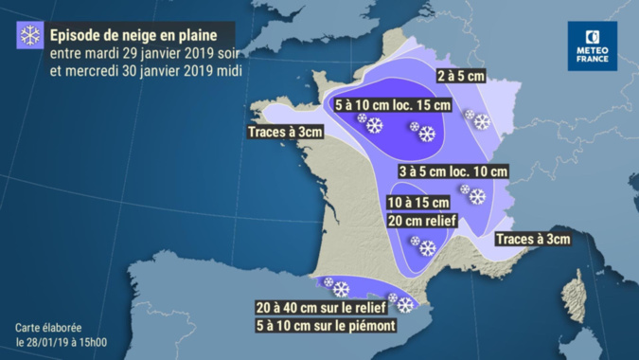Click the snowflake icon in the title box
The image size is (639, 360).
point(30,36)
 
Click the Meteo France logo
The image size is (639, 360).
point(592,45)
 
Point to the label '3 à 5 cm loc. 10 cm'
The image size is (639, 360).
point(453,171)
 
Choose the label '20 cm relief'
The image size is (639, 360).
point(422,221)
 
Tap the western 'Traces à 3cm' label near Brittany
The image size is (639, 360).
point(285,133)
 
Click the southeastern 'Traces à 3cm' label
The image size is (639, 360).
point(533,239)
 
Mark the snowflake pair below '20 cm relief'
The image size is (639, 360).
point(421,245)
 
